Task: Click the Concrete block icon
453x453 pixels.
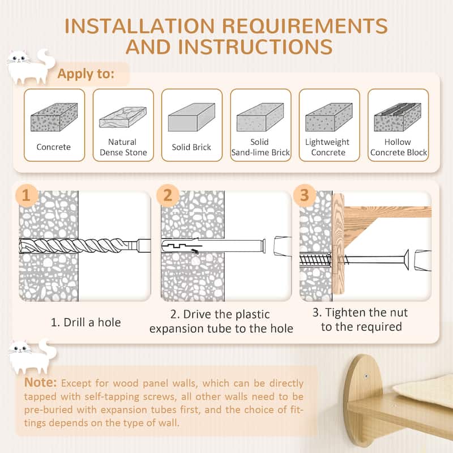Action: click(x=54, y=117)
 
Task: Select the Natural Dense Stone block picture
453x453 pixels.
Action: click(x=123, y=117)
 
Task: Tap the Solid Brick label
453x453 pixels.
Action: click(x=191, y=147)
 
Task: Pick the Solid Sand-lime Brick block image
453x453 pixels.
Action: click(x=260, y=117)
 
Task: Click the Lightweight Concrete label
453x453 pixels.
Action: click(x=328, y=147)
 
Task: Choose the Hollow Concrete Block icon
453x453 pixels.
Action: click(x=398, y=117)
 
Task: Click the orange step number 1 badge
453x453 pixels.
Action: click(x=26, y=195)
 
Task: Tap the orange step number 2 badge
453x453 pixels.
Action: click(x=168, y=195)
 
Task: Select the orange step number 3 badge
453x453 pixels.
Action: click(x=305, y=195)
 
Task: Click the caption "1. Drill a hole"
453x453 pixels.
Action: click(x=86, y=323)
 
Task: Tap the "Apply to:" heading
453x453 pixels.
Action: click(x=86, y=74)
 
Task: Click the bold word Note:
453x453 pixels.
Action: click(x=40, y=383)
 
